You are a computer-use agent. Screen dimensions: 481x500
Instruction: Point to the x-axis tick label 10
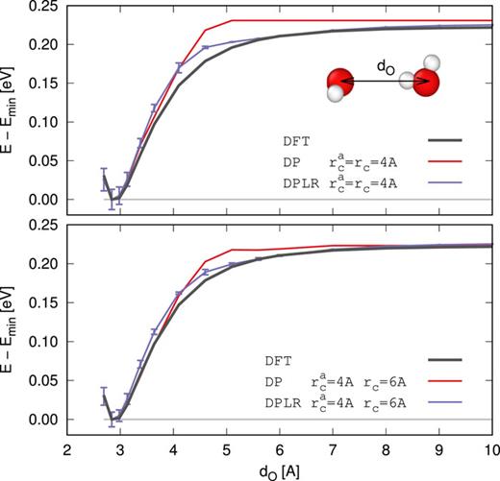(490, 450)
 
